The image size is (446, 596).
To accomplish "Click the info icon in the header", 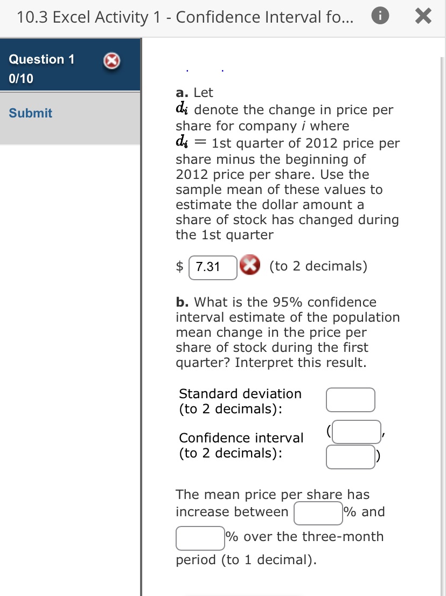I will (x=379, y=18).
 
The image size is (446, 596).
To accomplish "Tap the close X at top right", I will (x=423, y=18).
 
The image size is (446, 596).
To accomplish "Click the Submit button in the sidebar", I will (x=31, y=113).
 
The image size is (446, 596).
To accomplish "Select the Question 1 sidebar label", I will (x=42, y=59).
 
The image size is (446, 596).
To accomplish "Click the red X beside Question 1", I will (x=111, y=63).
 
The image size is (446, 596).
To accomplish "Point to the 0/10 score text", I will (x=21, y=79).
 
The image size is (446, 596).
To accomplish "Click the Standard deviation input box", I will (x=350, y=400).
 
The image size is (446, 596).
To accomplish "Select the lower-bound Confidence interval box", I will (x=356, y=432).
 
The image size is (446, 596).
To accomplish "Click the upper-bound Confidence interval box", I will (x=350, y=456).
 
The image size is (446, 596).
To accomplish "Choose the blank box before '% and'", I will (x=318, y=512).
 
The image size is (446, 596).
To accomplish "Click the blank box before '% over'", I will (x=200, y=538).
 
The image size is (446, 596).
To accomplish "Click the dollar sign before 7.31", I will (x=181, y=267).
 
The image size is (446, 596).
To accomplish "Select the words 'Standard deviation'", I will (x=240, y=394).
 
